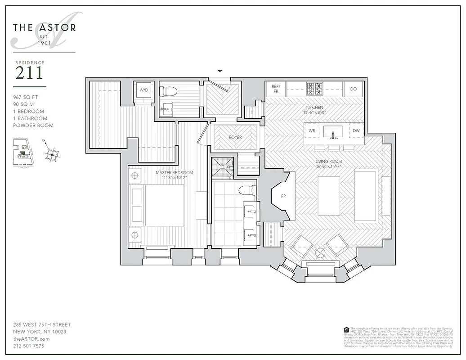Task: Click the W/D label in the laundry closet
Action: tap(143, 90)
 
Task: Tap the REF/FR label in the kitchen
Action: tap(276, 89)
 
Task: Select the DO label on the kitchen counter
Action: tap(354, 89)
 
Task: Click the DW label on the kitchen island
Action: tap(356, 131)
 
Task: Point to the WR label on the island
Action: tap(311, 131)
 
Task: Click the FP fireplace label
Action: tap(283, 196)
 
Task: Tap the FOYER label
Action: tap(235, 137)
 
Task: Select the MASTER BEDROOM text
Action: tap(175, 172)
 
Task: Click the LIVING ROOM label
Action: tap(328, 162)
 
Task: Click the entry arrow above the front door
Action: tap(220, 71)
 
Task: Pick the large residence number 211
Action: tap(29, 73)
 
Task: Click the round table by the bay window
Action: tap(321, 253)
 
